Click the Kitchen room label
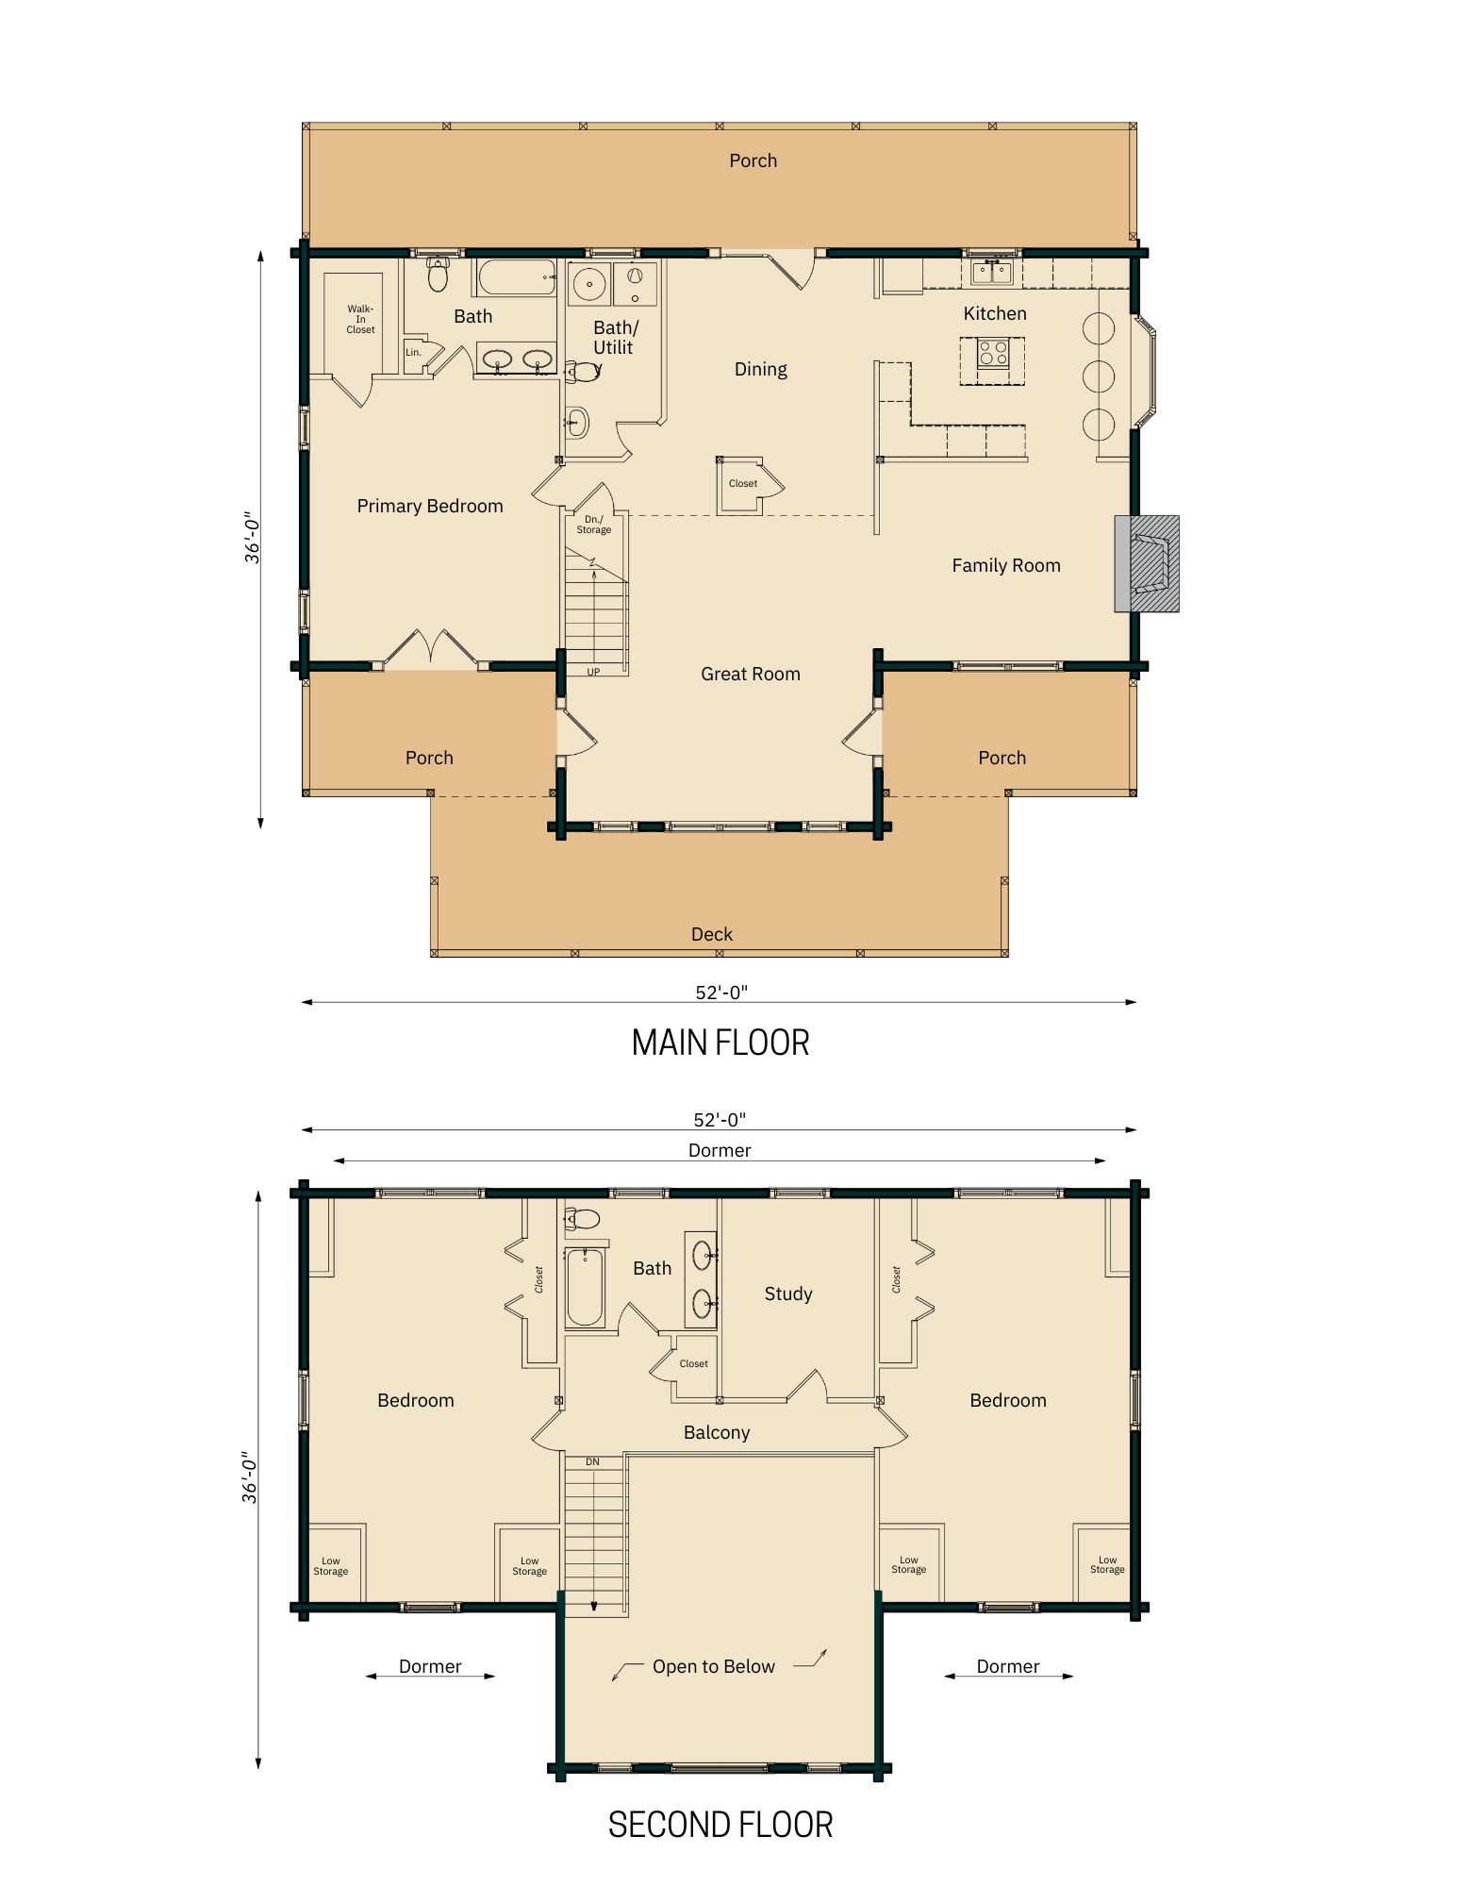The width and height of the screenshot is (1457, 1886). pyautogui.click(x=995, y=314)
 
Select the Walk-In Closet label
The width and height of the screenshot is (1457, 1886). pyautogui.click(x=360, y=320)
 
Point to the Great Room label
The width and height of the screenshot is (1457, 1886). pyautogui.click(x=751, y=675)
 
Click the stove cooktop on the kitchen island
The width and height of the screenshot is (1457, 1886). pyautogui.click(x=993, y=354)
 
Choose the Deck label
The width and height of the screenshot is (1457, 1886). pyautogui.click(x=712, y=934)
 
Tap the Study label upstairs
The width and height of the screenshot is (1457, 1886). pyautogui.click(x=788, y=1294)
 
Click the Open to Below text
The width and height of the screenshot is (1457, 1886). pyautogui.click(x=714, y=1667)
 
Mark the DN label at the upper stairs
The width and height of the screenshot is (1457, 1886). pyautogui.click(x=592, y=1462)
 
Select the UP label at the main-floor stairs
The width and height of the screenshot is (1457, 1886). pyautogui.click(x=593, y=673)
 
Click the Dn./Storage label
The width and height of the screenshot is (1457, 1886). pyautogui.click(x=594, y=525)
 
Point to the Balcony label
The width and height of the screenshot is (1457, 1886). pyautogui.click(x=717, y=1433)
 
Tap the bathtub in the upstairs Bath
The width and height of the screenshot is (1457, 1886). pyautogui.click(x=585, y=1287)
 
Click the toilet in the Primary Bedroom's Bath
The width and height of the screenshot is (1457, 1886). pyautogui.click(x=438, y=275)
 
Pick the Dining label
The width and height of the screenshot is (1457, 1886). pyautogui.click(x=761, y=370)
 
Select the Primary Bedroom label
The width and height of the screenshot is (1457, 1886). pyautogui.click(x=430, y=507)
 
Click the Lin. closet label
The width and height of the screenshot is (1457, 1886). pyautogui.click(x=413, y=353)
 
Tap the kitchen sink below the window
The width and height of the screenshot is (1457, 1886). pyautogui.click(x=992, y=273)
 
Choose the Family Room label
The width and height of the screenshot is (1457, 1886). pyautogui.click(x=1006, y=566)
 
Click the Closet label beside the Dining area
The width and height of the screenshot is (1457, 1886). pyautogui.click(x=743, y=484)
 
